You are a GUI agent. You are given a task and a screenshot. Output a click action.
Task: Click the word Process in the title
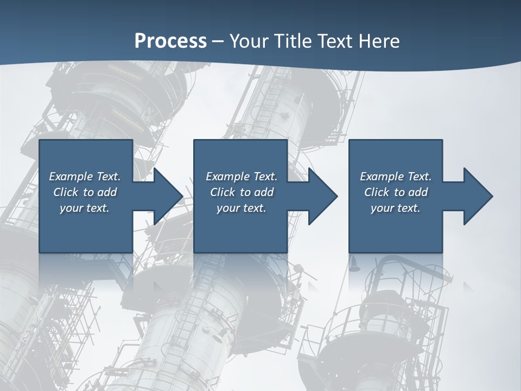[170, 41]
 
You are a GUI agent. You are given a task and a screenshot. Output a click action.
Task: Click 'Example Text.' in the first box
[85, 176]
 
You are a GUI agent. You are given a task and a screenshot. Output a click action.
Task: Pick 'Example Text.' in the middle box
[242, 176]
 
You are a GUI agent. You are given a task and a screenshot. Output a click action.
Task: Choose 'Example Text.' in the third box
[396, 176]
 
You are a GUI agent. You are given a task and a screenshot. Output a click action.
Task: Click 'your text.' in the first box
[85, 208]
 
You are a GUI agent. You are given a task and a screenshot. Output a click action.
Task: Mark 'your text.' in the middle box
[242, 208]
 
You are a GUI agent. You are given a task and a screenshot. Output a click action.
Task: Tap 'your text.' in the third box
[396, 208]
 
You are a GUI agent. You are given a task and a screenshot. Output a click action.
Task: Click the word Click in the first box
[66, 192]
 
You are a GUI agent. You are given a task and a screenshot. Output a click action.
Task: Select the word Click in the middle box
[223, 192]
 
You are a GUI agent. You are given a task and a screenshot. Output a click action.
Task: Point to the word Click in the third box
[377, 192]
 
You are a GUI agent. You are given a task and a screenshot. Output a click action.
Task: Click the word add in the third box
[418, 192]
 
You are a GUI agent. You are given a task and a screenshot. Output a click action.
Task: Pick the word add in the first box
[107, 192]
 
